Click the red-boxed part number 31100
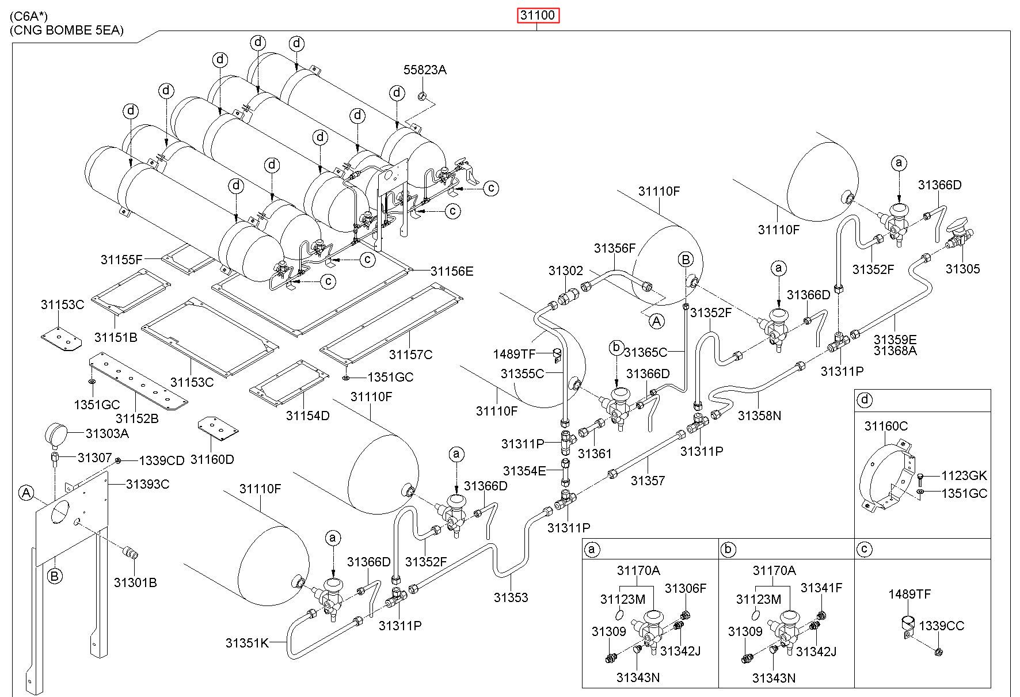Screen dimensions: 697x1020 (538, 16)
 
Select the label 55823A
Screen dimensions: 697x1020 (425, 70)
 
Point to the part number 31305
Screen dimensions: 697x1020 (962, 269)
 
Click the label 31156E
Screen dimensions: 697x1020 (452, 271)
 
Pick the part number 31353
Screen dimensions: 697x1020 (511, 597)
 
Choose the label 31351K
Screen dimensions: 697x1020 (247, 643)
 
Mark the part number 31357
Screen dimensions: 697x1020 (648, 480)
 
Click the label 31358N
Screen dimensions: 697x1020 (759, 415)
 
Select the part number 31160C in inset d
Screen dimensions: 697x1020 (886, 426)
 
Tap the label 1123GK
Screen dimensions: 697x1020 (964, 476)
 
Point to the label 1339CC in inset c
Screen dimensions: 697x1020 (941, 626)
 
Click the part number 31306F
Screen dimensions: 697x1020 (685, 588)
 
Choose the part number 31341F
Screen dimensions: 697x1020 (821, 588)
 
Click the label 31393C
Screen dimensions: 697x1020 (147, 484)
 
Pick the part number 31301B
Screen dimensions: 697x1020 (135, 582)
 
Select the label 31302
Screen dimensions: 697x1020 (565, 271)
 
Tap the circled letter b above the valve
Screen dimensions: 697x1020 (616, 348)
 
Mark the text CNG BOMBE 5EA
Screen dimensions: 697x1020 (67, 31)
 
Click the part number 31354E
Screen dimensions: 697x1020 (524, 471)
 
